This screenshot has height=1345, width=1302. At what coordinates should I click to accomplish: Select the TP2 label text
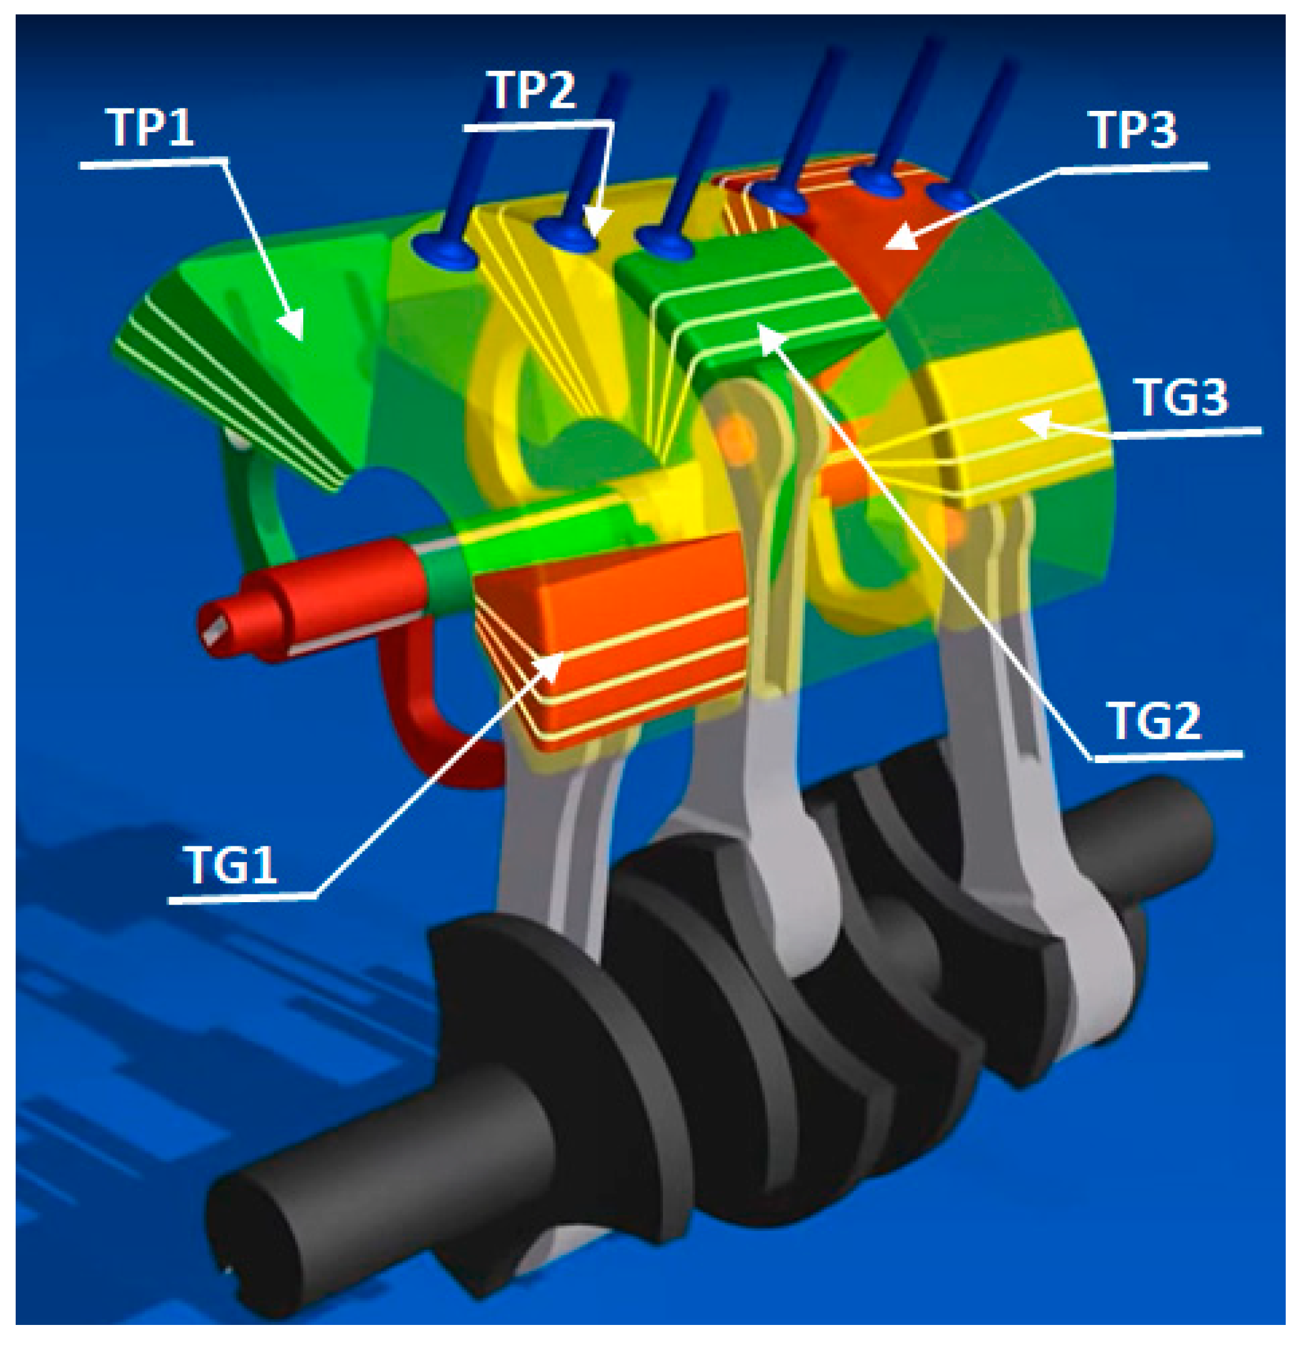click(531, 90)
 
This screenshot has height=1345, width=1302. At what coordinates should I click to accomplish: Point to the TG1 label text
click(232, 865)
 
